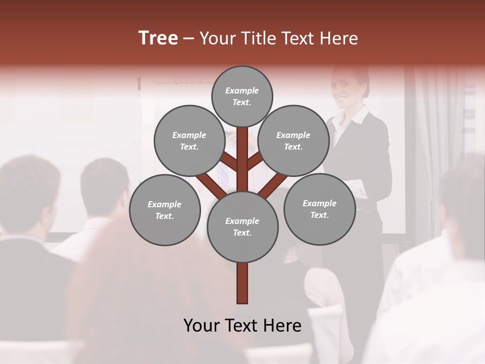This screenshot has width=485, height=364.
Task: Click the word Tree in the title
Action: click(158, 38)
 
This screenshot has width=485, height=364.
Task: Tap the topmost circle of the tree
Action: click(242, 96)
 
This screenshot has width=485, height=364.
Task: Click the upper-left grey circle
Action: click(189, 141)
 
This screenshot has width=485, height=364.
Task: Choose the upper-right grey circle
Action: click(294, 141)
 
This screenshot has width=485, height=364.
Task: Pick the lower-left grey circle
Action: click(165, 210)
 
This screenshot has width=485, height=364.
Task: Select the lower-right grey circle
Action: click(319, 209)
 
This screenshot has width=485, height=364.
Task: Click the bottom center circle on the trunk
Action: click(242, 227)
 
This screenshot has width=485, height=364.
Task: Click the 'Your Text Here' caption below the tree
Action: click(242, 326)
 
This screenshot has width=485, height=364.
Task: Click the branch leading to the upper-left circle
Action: click(230, 163)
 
